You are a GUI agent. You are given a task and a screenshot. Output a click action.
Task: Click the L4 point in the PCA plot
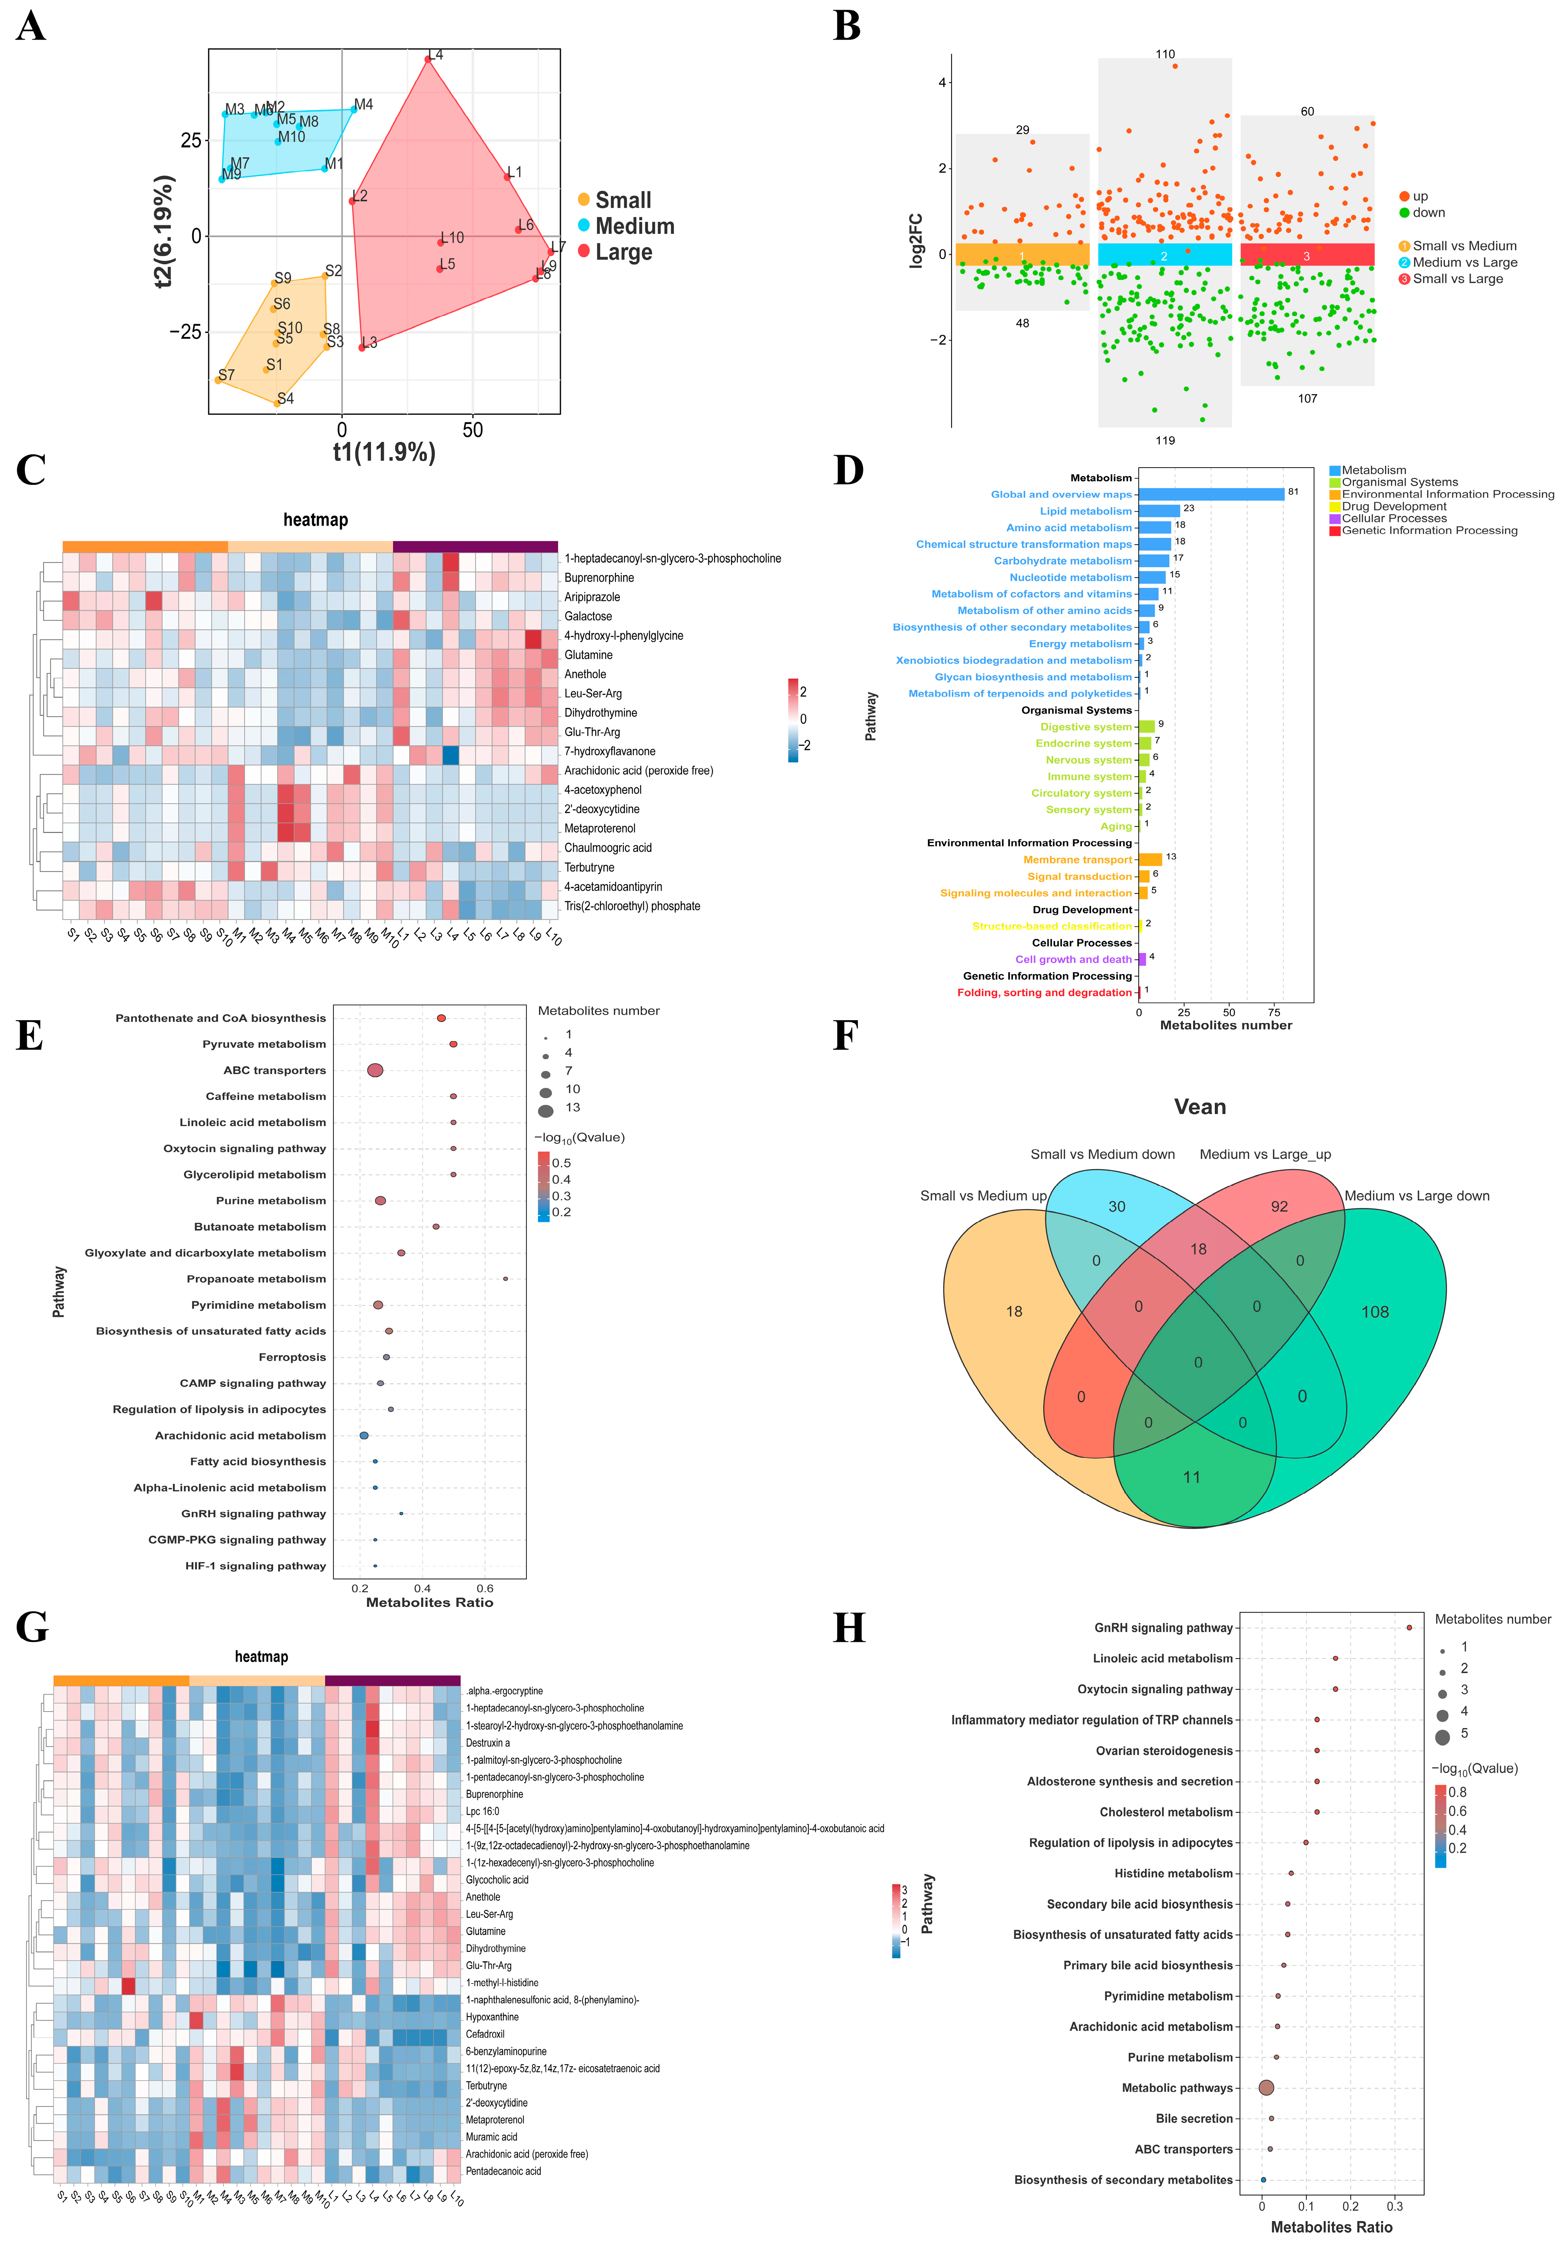click(x=428, y=60)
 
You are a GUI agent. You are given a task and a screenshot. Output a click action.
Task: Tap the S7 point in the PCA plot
click(x=218, y=380)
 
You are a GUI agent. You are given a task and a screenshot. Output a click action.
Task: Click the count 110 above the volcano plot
click(x=1165, y=55)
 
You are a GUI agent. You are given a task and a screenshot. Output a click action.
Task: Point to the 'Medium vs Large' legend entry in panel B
click(x=1464, y=262)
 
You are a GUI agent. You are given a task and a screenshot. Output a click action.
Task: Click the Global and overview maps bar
click(x=1211, y=494)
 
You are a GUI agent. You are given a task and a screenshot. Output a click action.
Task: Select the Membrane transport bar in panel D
click(x=1150, y=859)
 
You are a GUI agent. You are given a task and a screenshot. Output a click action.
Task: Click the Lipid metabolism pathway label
click(x=1086, y=511)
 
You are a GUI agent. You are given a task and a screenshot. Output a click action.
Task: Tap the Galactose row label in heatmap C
click(x=588, y=616)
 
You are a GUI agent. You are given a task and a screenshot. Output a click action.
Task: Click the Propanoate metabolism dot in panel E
click(x=505, y=1279)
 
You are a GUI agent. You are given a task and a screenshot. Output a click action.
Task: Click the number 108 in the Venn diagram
click(x=1374, y=1311)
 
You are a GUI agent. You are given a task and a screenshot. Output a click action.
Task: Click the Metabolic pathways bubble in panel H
click(x=1266, y=2087)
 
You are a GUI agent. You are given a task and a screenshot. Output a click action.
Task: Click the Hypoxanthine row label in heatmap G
click(x=492, y=2017)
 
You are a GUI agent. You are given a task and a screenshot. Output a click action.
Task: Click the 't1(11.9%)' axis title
click(x=384, y=452)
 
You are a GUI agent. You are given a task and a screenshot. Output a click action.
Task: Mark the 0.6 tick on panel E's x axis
click(x=485, y=1589)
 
